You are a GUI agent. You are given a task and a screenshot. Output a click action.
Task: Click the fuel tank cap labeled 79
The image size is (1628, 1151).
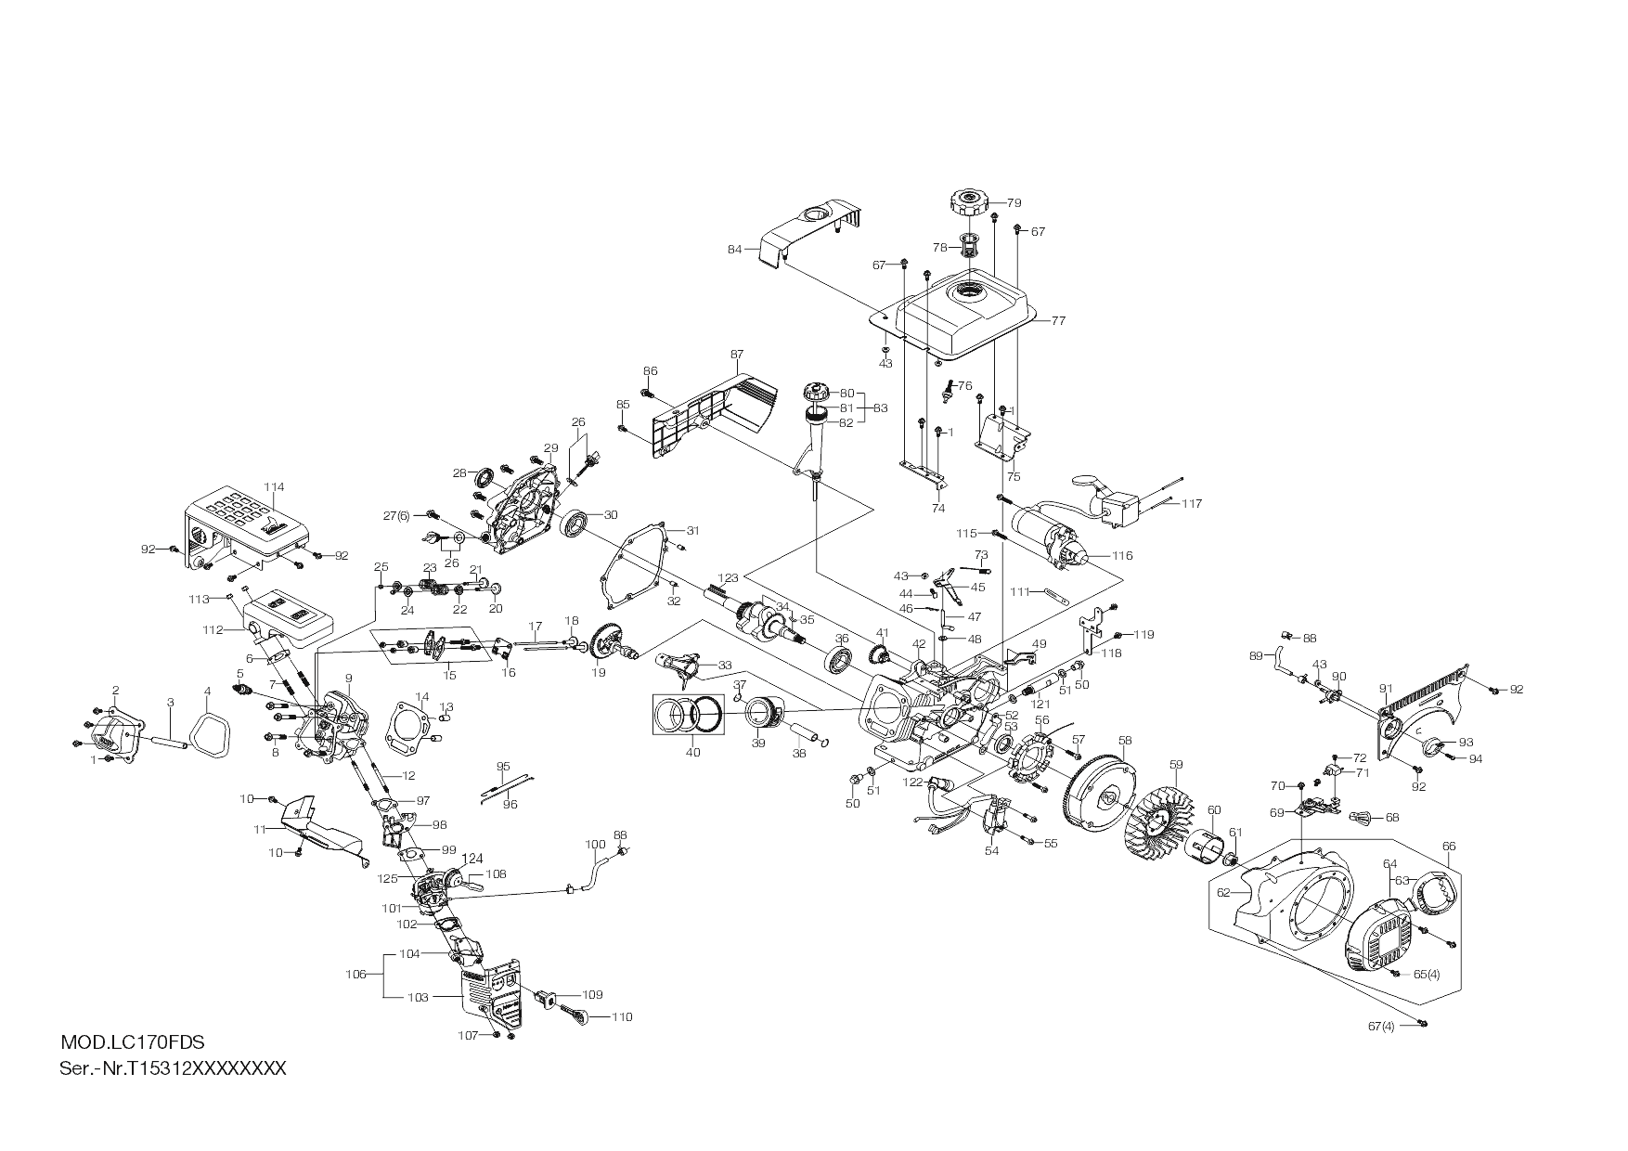pyautogui.click(x=967, y=201)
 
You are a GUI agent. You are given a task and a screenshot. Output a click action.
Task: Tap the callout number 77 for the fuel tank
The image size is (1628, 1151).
pyautogui.click(x=1058, y=320)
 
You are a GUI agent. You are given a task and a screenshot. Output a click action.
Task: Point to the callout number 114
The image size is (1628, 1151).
pyautogui.click(x=274, y=486)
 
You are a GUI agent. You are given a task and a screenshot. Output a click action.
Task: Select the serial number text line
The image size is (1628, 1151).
pyautogui.click(x=173, y=1067)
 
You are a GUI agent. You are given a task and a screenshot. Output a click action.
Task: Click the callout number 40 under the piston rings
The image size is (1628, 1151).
pyautogui.click(x=692, y=752)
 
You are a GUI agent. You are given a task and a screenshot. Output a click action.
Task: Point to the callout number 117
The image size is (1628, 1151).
pyautogui.click(x=1192, y=503)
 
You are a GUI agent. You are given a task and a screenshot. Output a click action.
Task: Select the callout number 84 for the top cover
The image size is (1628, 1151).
pyautogui.click(x=734, y=249)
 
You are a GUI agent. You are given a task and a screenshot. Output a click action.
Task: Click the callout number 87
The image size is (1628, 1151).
pyautogui.click(x=737, y=355)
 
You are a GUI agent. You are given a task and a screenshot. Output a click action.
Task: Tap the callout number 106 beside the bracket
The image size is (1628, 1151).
pyautogui.click(x=355, y=974)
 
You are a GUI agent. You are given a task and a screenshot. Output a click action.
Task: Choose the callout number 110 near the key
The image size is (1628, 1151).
pyautogui.click(x=622, y=1016)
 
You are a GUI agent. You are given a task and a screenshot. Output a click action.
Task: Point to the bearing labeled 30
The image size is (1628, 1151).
pyautogui.click(x=575, y=524)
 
